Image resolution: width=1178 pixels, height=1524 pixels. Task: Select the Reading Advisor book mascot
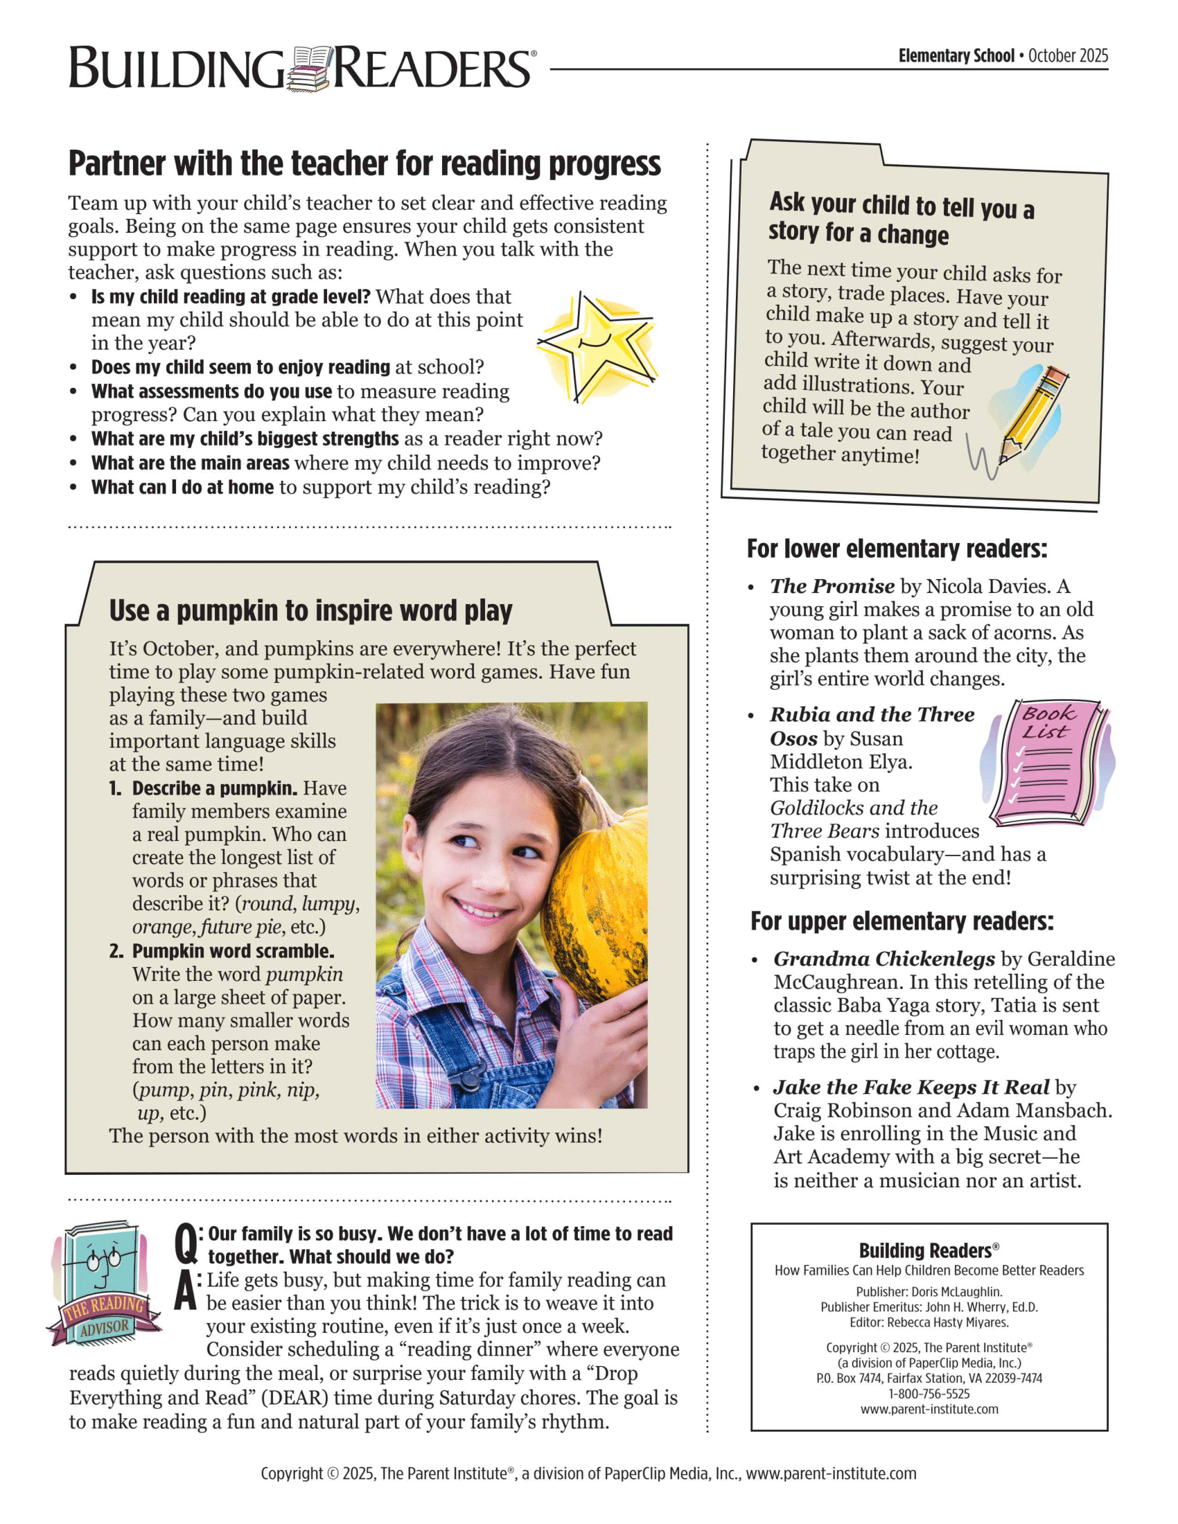pyautogui.click(x=103, y=1282)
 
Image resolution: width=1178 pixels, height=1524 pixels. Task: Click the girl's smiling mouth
pyautogui.click(x=482, y=910)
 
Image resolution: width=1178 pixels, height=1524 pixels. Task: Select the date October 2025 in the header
pyautogui.click(x=1068, y=56)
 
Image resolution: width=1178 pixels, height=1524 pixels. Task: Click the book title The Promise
pyautogui.click(x=832, y=586)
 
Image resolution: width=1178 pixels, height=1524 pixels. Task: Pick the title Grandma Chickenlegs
pyautogui.click(x=884, y=959)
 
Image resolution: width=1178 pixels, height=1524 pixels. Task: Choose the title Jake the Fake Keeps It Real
pyautogui.click(x=911, y=1087)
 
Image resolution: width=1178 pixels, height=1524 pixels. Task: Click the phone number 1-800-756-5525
pyautogui.click(x=929, y=1394)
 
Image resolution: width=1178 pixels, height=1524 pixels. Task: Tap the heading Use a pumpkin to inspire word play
pyautogui.click(x=310, y=610)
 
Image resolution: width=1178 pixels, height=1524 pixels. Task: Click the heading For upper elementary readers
pyautogui.click(x=902, y=921)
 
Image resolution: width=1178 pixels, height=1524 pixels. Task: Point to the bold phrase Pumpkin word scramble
pyautogui.click(x=233, y=951)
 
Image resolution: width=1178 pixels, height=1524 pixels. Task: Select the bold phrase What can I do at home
pyautogui.click(x=182, y=487)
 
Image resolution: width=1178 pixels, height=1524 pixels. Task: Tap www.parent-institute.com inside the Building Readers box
pyautogui.click(x=929, y=1409)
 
